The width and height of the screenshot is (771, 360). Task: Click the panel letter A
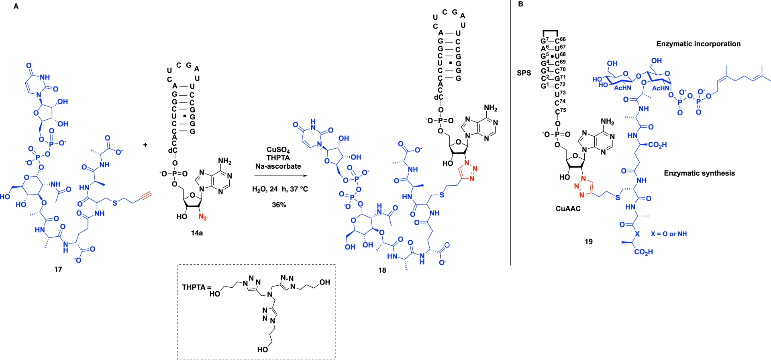click(16, 6)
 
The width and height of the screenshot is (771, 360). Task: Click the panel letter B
click(520, 4)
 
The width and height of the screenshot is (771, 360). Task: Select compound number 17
click(58, 269)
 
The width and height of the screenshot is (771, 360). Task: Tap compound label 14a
click(197, 233)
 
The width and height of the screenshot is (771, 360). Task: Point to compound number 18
click(382, 270)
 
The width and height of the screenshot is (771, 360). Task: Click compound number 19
click(588, 241)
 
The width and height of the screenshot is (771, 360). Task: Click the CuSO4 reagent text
click(278, 150)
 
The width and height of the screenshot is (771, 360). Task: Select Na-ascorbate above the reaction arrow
click(278, 166)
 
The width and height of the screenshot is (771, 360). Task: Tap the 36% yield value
click(279, 205)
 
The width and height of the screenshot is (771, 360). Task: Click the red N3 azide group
click(202, 217)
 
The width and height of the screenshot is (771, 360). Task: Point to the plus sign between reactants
click(145, 145)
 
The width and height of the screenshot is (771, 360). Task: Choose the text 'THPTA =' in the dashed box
click(196, 287)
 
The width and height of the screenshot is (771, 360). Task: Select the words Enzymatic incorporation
click(698, 44)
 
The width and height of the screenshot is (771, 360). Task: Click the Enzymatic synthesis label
click(699, 173)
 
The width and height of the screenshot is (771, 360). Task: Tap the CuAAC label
click(568, 209)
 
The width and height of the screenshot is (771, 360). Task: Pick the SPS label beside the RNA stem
click(524, 73)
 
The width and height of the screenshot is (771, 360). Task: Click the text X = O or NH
click(669, 234)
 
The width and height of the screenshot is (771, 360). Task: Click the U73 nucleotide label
click(560, 94)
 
